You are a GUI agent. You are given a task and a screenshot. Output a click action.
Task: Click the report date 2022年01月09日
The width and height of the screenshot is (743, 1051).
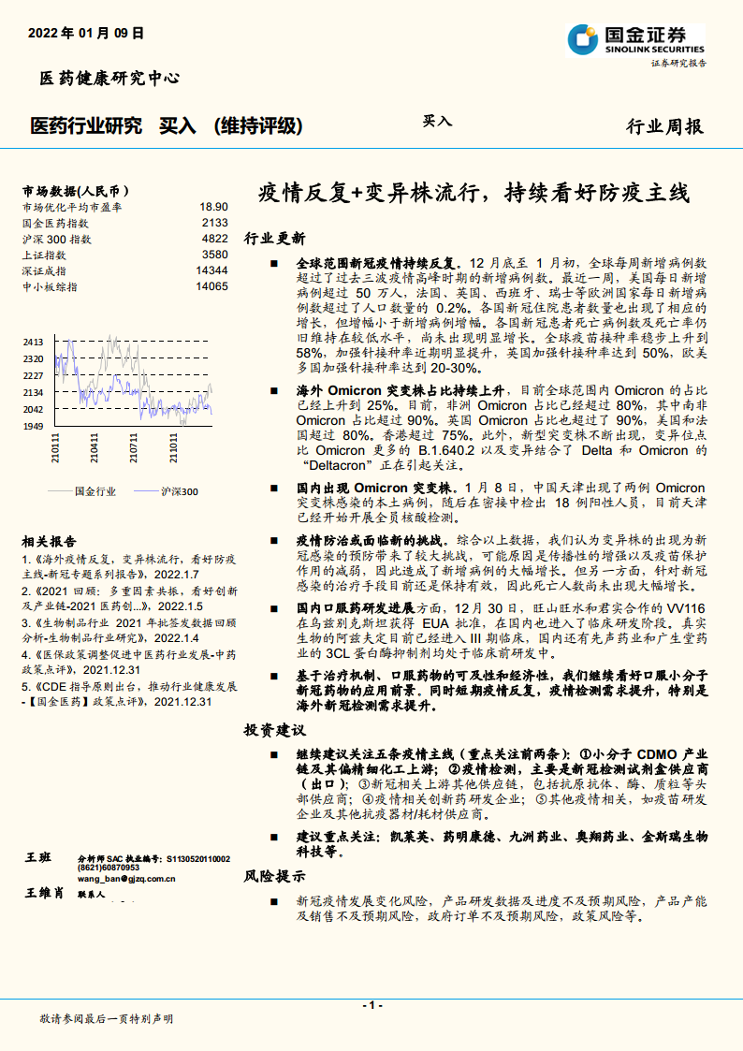tap(86, 33)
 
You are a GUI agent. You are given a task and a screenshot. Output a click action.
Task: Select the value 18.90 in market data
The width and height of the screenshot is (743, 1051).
tap(213, 207)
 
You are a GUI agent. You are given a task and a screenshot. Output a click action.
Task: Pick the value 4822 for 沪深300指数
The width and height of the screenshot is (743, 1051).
tap(214, 239)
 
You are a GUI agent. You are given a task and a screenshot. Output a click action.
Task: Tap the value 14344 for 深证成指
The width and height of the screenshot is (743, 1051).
tap(211, 270)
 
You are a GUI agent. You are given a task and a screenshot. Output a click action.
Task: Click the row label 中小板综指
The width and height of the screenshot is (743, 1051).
tap(50, 286)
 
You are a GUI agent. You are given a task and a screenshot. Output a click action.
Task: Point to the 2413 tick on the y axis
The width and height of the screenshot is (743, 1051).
tap(33, 343)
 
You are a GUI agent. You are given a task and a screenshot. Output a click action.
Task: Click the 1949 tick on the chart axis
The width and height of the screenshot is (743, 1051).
tap(33, 427)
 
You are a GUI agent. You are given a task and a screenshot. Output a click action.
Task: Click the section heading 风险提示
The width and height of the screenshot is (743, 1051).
tap(274, 877)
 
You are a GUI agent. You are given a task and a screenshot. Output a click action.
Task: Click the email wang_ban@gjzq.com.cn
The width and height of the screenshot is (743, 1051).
tap(126, 878)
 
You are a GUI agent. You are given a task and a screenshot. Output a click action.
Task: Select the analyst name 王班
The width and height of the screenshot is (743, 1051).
tap(38, 858)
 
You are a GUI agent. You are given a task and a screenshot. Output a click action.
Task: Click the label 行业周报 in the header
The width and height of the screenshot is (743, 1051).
tap(663, 126)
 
